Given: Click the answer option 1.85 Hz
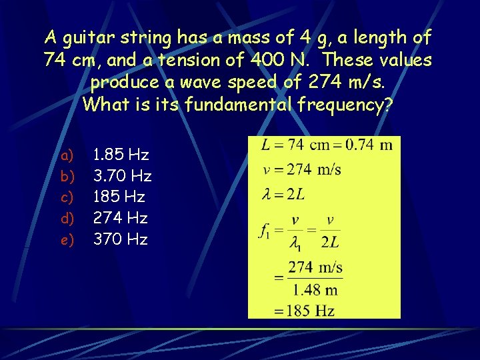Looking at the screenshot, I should tap(121, 155).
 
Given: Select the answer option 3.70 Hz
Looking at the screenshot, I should tap(122, 176).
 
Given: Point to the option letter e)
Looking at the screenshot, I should tap(67, 239).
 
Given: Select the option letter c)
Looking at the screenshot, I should tap(67, 197).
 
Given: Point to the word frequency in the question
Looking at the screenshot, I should tap(347, 105).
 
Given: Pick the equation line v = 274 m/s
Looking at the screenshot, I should tap(302, 169).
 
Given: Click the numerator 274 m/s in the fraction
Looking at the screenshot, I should tap(315, 268).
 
